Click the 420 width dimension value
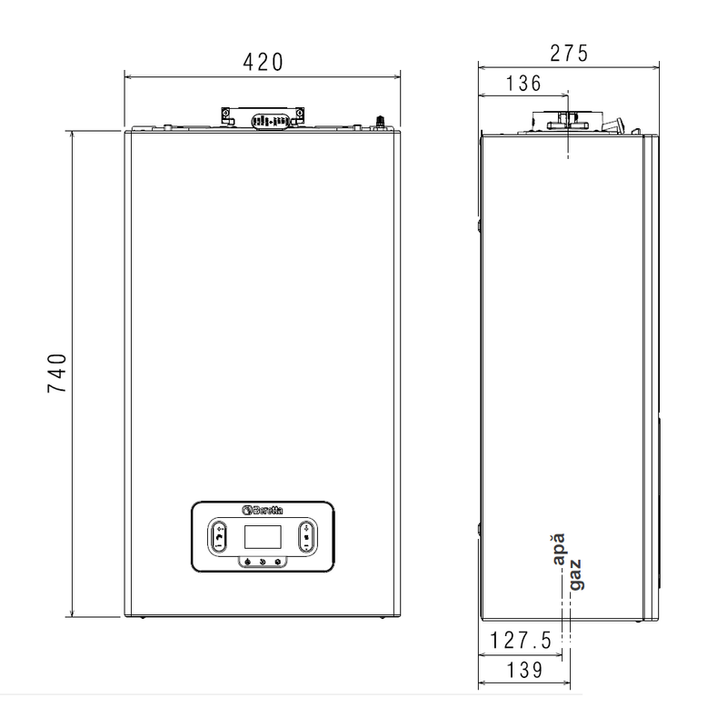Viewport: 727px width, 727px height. click(x=263, y=62)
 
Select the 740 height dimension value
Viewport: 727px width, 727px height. click(x=57, y=373)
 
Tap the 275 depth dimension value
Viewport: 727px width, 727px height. click(x=569, y=53)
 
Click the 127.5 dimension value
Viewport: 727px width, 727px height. click(x=520, y=640)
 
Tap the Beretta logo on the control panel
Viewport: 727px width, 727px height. click(x=264, y=510)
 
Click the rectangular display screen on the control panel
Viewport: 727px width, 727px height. click(x=264, y=537)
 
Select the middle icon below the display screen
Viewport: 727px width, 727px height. click(x=264, y=562)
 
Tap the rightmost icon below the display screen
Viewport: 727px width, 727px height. click(x=278, y=562)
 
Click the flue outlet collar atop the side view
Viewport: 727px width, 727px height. click(x=567, y=121)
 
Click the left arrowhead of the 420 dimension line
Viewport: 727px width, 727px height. click(x=128, y=76)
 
